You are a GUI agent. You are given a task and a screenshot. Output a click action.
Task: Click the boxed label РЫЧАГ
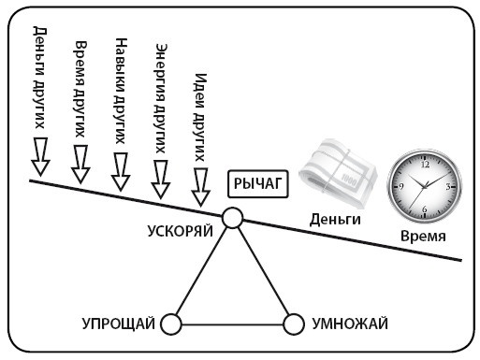pos(257,183)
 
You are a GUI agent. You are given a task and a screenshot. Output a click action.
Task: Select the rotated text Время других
pos(81,83)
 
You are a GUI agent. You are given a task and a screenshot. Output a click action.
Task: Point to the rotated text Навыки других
pos(121,83)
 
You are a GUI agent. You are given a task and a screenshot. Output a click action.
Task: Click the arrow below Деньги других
pos(39,156)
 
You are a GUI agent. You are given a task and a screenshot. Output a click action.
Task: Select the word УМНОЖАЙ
pos(347,324)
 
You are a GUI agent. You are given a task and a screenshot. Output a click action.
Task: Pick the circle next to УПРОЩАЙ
pos(170,324)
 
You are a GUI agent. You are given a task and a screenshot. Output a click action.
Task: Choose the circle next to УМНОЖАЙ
pos(294,324)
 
